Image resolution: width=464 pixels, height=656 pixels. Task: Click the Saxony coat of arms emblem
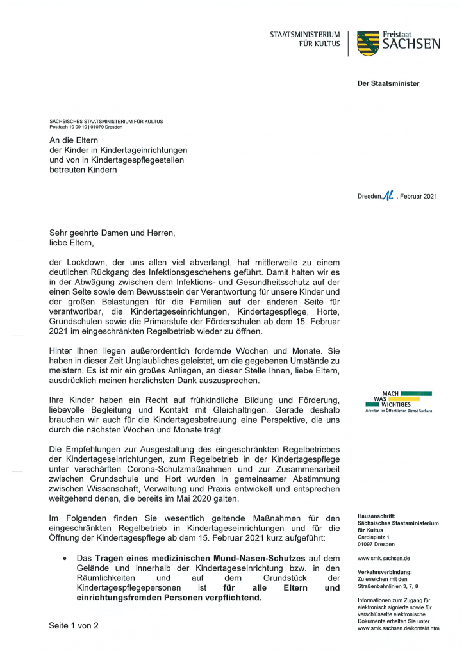368,43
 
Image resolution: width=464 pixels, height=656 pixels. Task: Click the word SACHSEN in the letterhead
411,44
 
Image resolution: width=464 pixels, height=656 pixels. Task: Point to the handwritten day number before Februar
387,195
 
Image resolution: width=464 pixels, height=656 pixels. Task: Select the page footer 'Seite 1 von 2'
74,625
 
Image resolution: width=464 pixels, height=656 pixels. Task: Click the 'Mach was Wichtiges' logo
398,402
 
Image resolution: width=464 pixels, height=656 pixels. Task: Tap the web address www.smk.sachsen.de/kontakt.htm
398,628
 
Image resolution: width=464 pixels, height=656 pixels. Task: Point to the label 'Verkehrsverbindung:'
385,571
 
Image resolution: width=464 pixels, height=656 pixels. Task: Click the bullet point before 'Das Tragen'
65,559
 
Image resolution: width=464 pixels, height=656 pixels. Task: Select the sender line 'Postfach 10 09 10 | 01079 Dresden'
86,127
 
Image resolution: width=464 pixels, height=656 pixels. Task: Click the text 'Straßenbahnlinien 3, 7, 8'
388,586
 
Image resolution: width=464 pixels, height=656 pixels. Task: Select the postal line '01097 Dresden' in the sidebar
377,544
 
